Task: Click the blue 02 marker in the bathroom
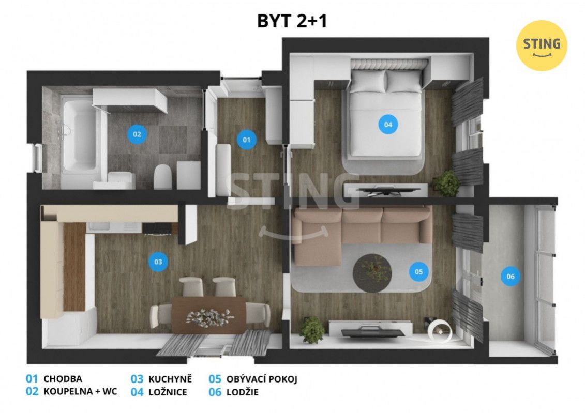click(x=137, y=134)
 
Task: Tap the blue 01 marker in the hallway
click(x=247, y=140)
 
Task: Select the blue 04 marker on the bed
click(x=388, y=125)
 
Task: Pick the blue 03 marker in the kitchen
click(x=158, y=262)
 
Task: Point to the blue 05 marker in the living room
click(x=418, y=272)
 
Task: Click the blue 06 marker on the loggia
click(x=511, y=276)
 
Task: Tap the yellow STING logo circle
click(x=542, y=45)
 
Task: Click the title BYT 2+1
click(x=292, y=21)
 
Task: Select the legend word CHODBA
click(x=63, y=379)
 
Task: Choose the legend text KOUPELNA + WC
click(x=80, y=391)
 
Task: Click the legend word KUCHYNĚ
click(x=170, y=379)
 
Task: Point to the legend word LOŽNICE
click(x=168, y=392)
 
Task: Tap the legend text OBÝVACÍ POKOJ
click(x=262, y=379)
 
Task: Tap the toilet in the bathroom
click(x=162, y=176)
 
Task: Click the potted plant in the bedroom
click(x=447, y=183)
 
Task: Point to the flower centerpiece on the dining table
click(x=209, y=317)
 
